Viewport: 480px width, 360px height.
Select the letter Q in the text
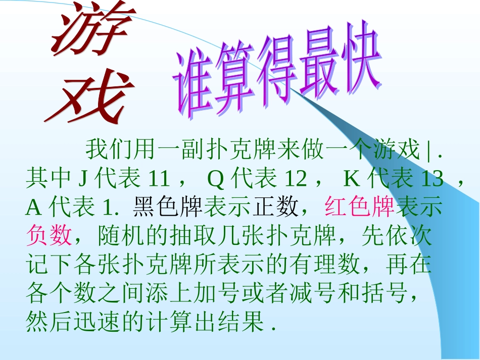[x=216, y=178]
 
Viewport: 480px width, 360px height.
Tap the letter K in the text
[x=351, y=178]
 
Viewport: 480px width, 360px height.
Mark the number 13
[x=431, y=178]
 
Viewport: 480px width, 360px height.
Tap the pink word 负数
[x=49, y=235]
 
